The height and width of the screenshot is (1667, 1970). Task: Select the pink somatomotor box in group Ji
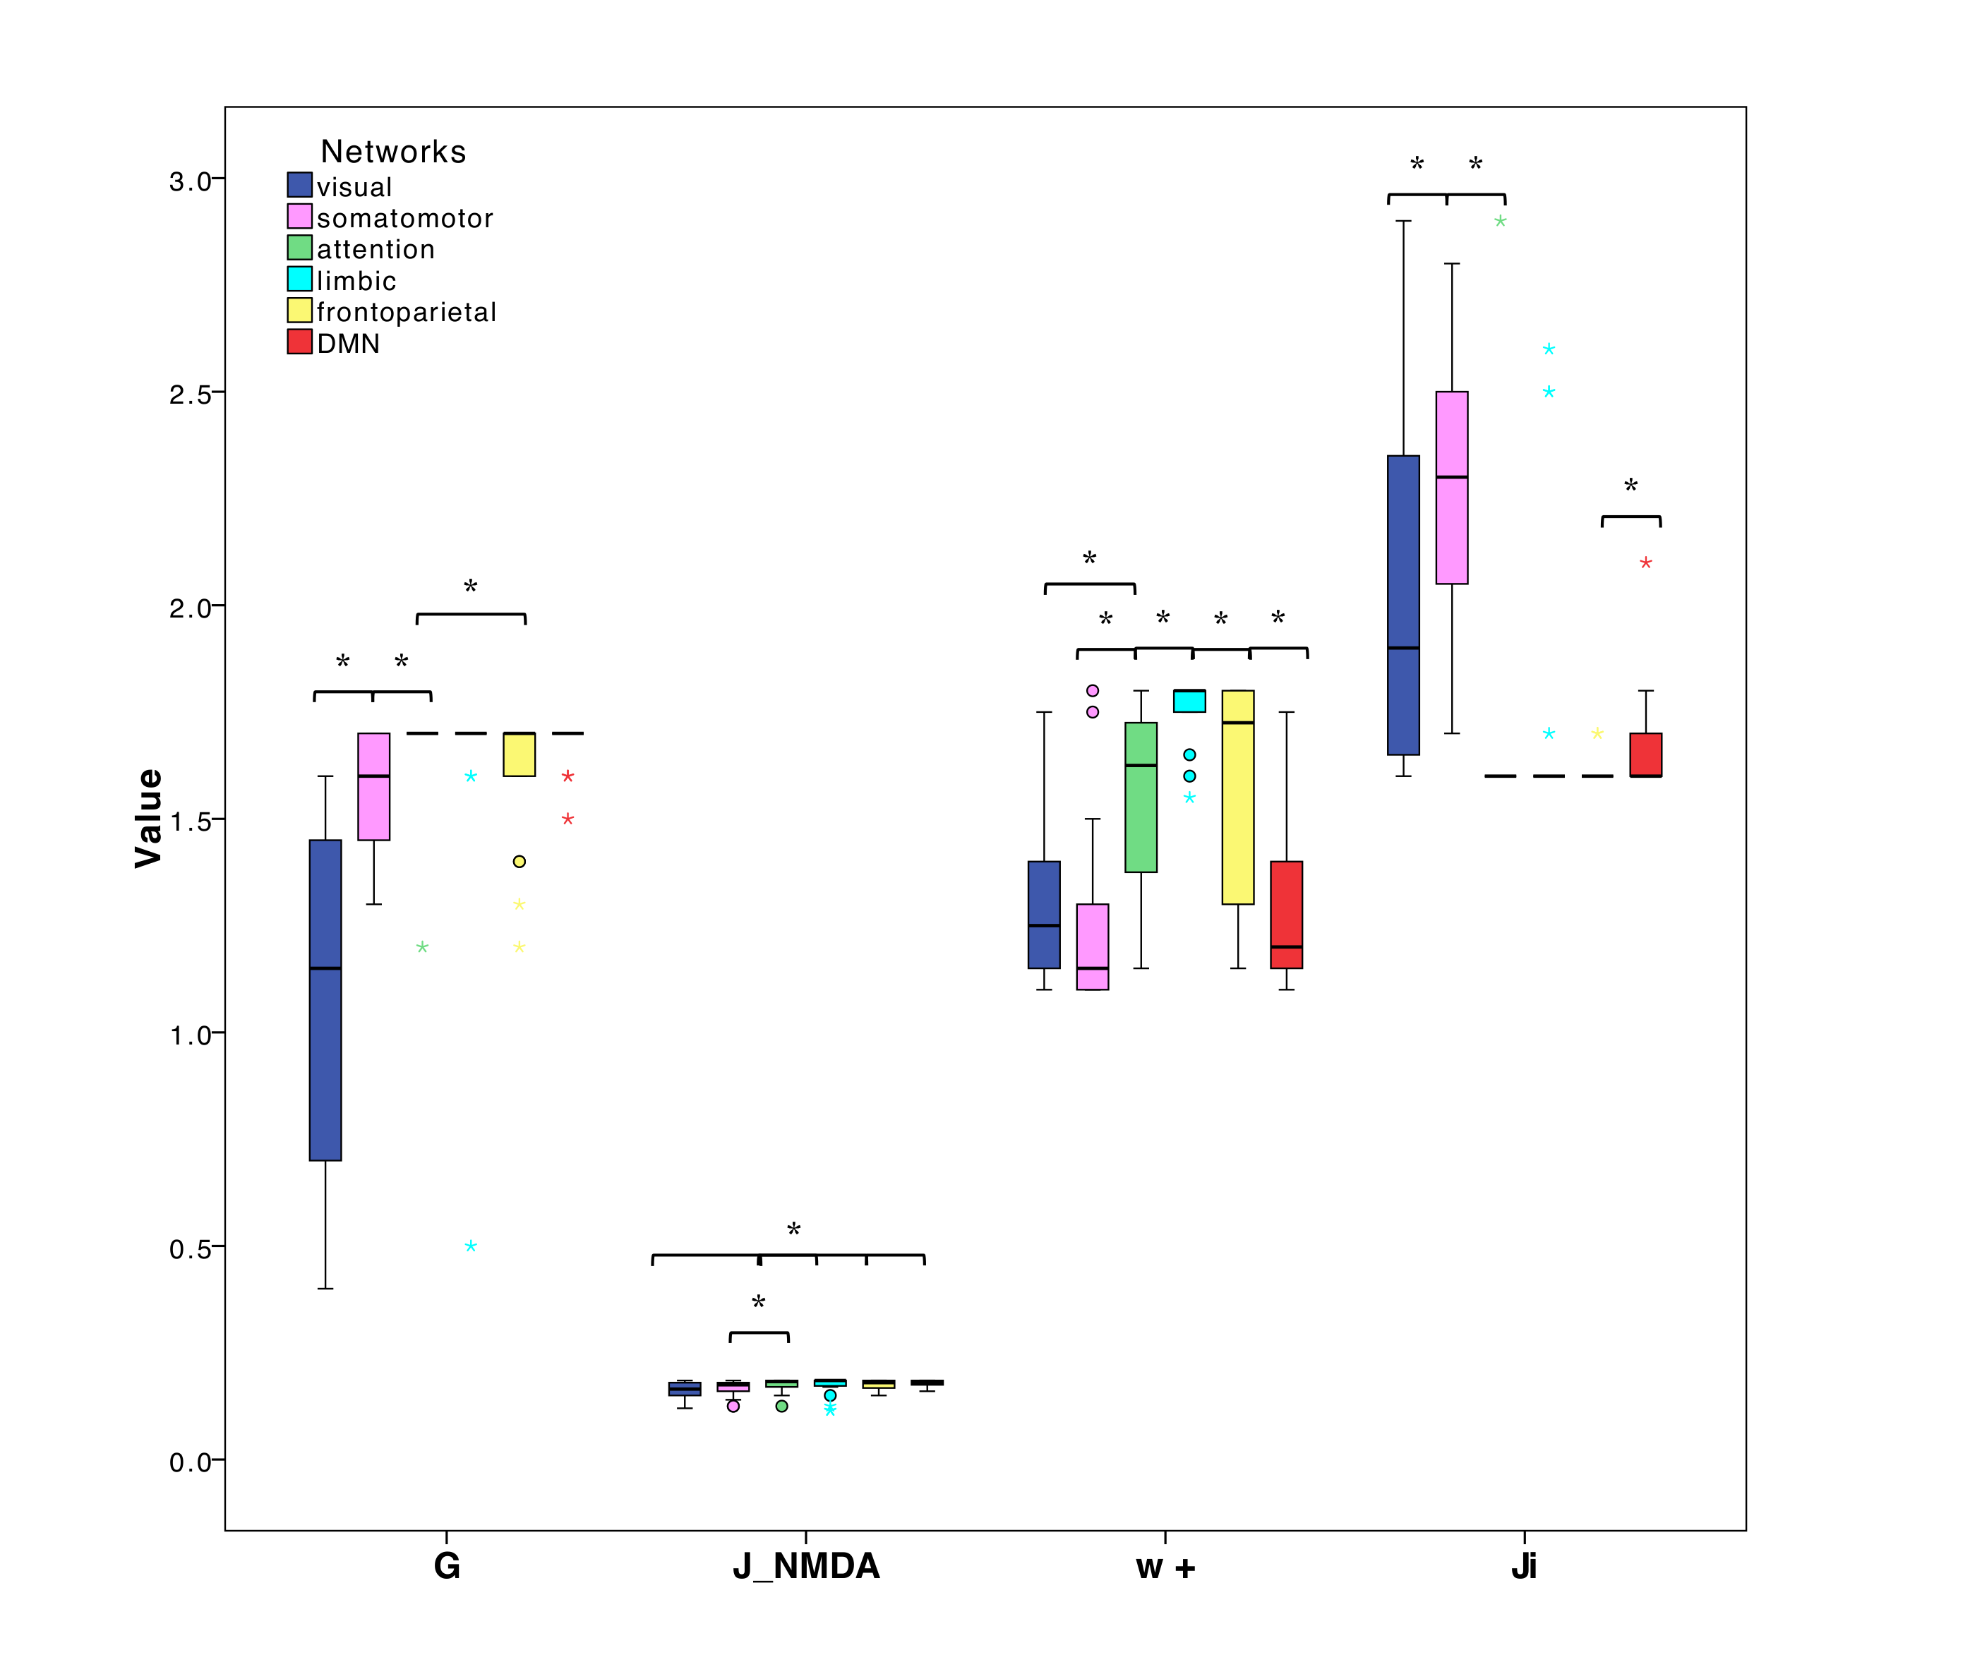pyautogui.click(x=1451, y=487)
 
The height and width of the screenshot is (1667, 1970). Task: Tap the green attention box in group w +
pyautogui.click(x=1140, y=797)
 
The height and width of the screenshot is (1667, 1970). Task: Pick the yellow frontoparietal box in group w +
pyautogui.click(x=1237, y=797)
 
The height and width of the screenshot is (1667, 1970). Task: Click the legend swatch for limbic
pyautogui.click(x=300, y=279)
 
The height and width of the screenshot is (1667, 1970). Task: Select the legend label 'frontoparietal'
pyautogui.click(x=406, y=312)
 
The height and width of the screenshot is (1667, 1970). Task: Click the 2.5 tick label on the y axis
pyautogui.click(x=190, y=394)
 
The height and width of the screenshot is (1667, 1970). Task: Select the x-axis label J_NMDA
pyautogui.click(x=805, y=1567)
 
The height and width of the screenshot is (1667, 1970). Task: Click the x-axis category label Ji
pyautogui.click(x=1523, y=1567)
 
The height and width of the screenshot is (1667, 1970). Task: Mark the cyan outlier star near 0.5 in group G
pyautogui.click(x=471, y=1246)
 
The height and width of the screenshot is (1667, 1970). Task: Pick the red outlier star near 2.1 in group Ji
pyautogui.click(x=1646, y=563)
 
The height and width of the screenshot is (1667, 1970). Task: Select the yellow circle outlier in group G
pyautogui.click(x=519, y=861)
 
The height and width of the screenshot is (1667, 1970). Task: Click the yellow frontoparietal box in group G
pyautogui.click(x=519, y=754)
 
